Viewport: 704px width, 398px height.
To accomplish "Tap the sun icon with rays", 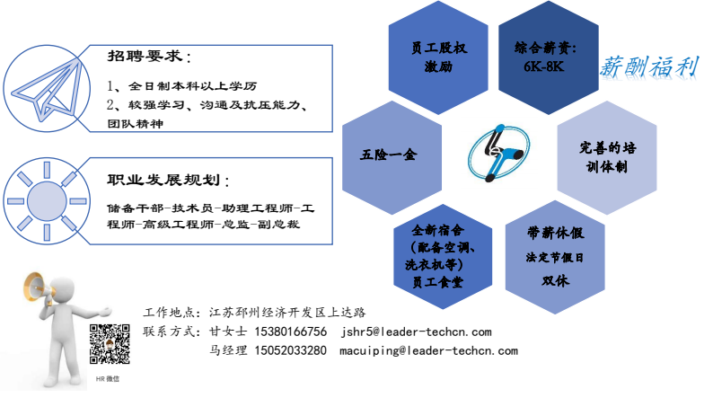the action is click(47, 201).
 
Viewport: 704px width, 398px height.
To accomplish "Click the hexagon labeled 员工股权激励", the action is click(438, 57).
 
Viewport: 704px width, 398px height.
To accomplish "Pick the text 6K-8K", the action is click(543, 66).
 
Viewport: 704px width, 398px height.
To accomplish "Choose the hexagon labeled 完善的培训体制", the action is click(607, 157).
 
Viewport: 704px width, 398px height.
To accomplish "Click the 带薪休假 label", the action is click(555, 233).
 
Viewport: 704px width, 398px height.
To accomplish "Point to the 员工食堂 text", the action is click(437, 282).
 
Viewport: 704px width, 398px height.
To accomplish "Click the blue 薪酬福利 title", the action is click(649, 66).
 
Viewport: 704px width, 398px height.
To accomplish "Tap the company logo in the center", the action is click(498, 153).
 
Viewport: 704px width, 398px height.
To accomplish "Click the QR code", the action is click(110, 343).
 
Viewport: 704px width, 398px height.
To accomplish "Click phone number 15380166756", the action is click(291, 332).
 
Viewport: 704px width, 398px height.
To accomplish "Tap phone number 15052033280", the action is click(291, 350).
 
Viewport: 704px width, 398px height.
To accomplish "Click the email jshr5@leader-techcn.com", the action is click(417, 332).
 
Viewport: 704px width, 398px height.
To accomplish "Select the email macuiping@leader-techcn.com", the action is click(429, 350).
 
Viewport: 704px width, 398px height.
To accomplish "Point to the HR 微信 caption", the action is click(108, 379).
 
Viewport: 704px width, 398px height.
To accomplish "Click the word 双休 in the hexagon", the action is click(555, 280).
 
